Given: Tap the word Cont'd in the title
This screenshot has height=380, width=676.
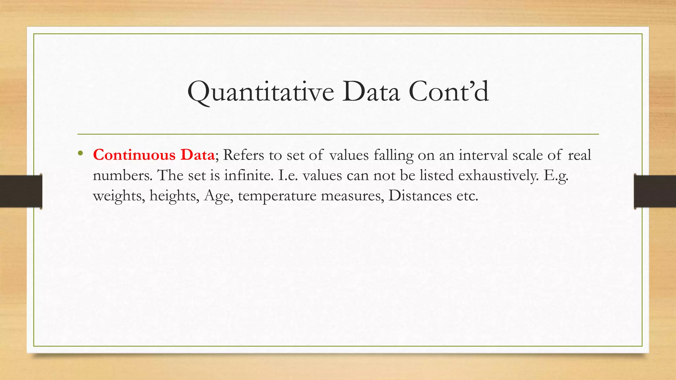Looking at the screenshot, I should (x=449, y=92).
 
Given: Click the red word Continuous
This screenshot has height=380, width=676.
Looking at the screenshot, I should (x=134, y=155).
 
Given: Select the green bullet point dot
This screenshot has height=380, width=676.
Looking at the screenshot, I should (x=80, y=153).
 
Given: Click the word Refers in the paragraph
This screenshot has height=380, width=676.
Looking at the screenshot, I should (x=243, y=155).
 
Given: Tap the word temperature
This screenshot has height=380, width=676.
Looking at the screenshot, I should (x=277, y=196).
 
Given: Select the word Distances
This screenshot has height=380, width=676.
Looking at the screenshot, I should (x=420, y=195).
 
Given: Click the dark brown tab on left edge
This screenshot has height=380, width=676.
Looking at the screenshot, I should (x=21, y=191).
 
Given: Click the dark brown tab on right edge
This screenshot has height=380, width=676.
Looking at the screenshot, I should (x=655, y=191).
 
